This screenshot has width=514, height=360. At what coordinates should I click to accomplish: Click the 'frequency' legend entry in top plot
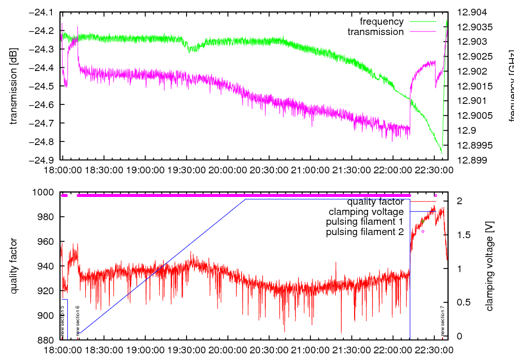tap(381, 22)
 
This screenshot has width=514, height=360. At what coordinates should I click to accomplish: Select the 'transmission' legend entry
tap(376, 32)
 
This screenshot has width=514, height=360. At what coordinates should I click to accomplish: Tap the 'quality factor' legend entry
tap(375, 202)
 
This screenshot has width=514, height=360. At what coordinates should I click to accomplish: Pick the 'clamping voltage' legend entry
tap(366, 212)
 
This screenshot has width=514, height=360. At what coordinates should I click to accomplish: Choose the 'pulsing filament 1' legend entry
tap(364, 222)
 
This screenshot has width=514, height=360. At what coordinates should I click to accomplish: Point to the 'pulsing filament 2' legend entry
tap(364, 232)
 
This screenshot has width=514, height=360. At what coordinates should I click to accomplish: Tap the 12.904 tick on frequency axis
tap(471, 12)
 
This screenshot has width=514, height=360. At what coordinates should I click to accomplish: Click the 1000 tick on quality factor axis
tap(44, 192)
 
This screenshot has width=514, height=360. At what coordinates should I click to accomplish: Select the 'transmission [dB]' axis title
tap(14, 86)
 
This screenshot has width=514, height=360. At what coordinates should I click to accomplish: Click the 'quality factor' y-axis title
tap(14, 266)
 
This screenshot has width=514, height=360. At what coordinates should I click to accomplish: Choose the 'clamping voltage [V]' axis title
tap(489, 266)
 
